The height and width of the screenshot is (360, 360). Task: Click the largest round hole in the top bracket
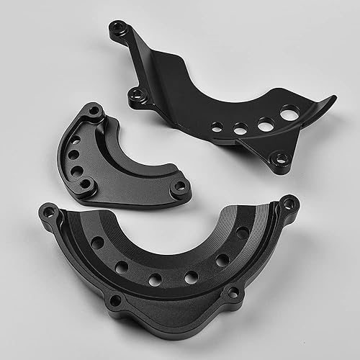coord(290,113)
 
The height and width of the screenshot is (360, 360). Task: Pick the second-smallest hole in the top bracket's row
coord(240,127)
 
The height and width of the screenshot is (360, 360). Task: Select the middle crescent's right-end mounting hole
coord(181,187)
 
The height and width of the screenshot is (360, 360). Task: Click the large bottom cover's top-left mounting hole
coord(49,211)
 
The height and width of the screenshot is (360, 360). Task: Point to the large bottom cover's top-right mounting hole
coord(289,203)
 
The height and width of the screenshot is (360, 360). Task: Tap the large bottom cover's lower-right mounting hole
coord(232,292)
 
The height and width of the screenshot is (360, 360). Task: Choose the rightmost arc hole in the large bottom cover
coord(243,233)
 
